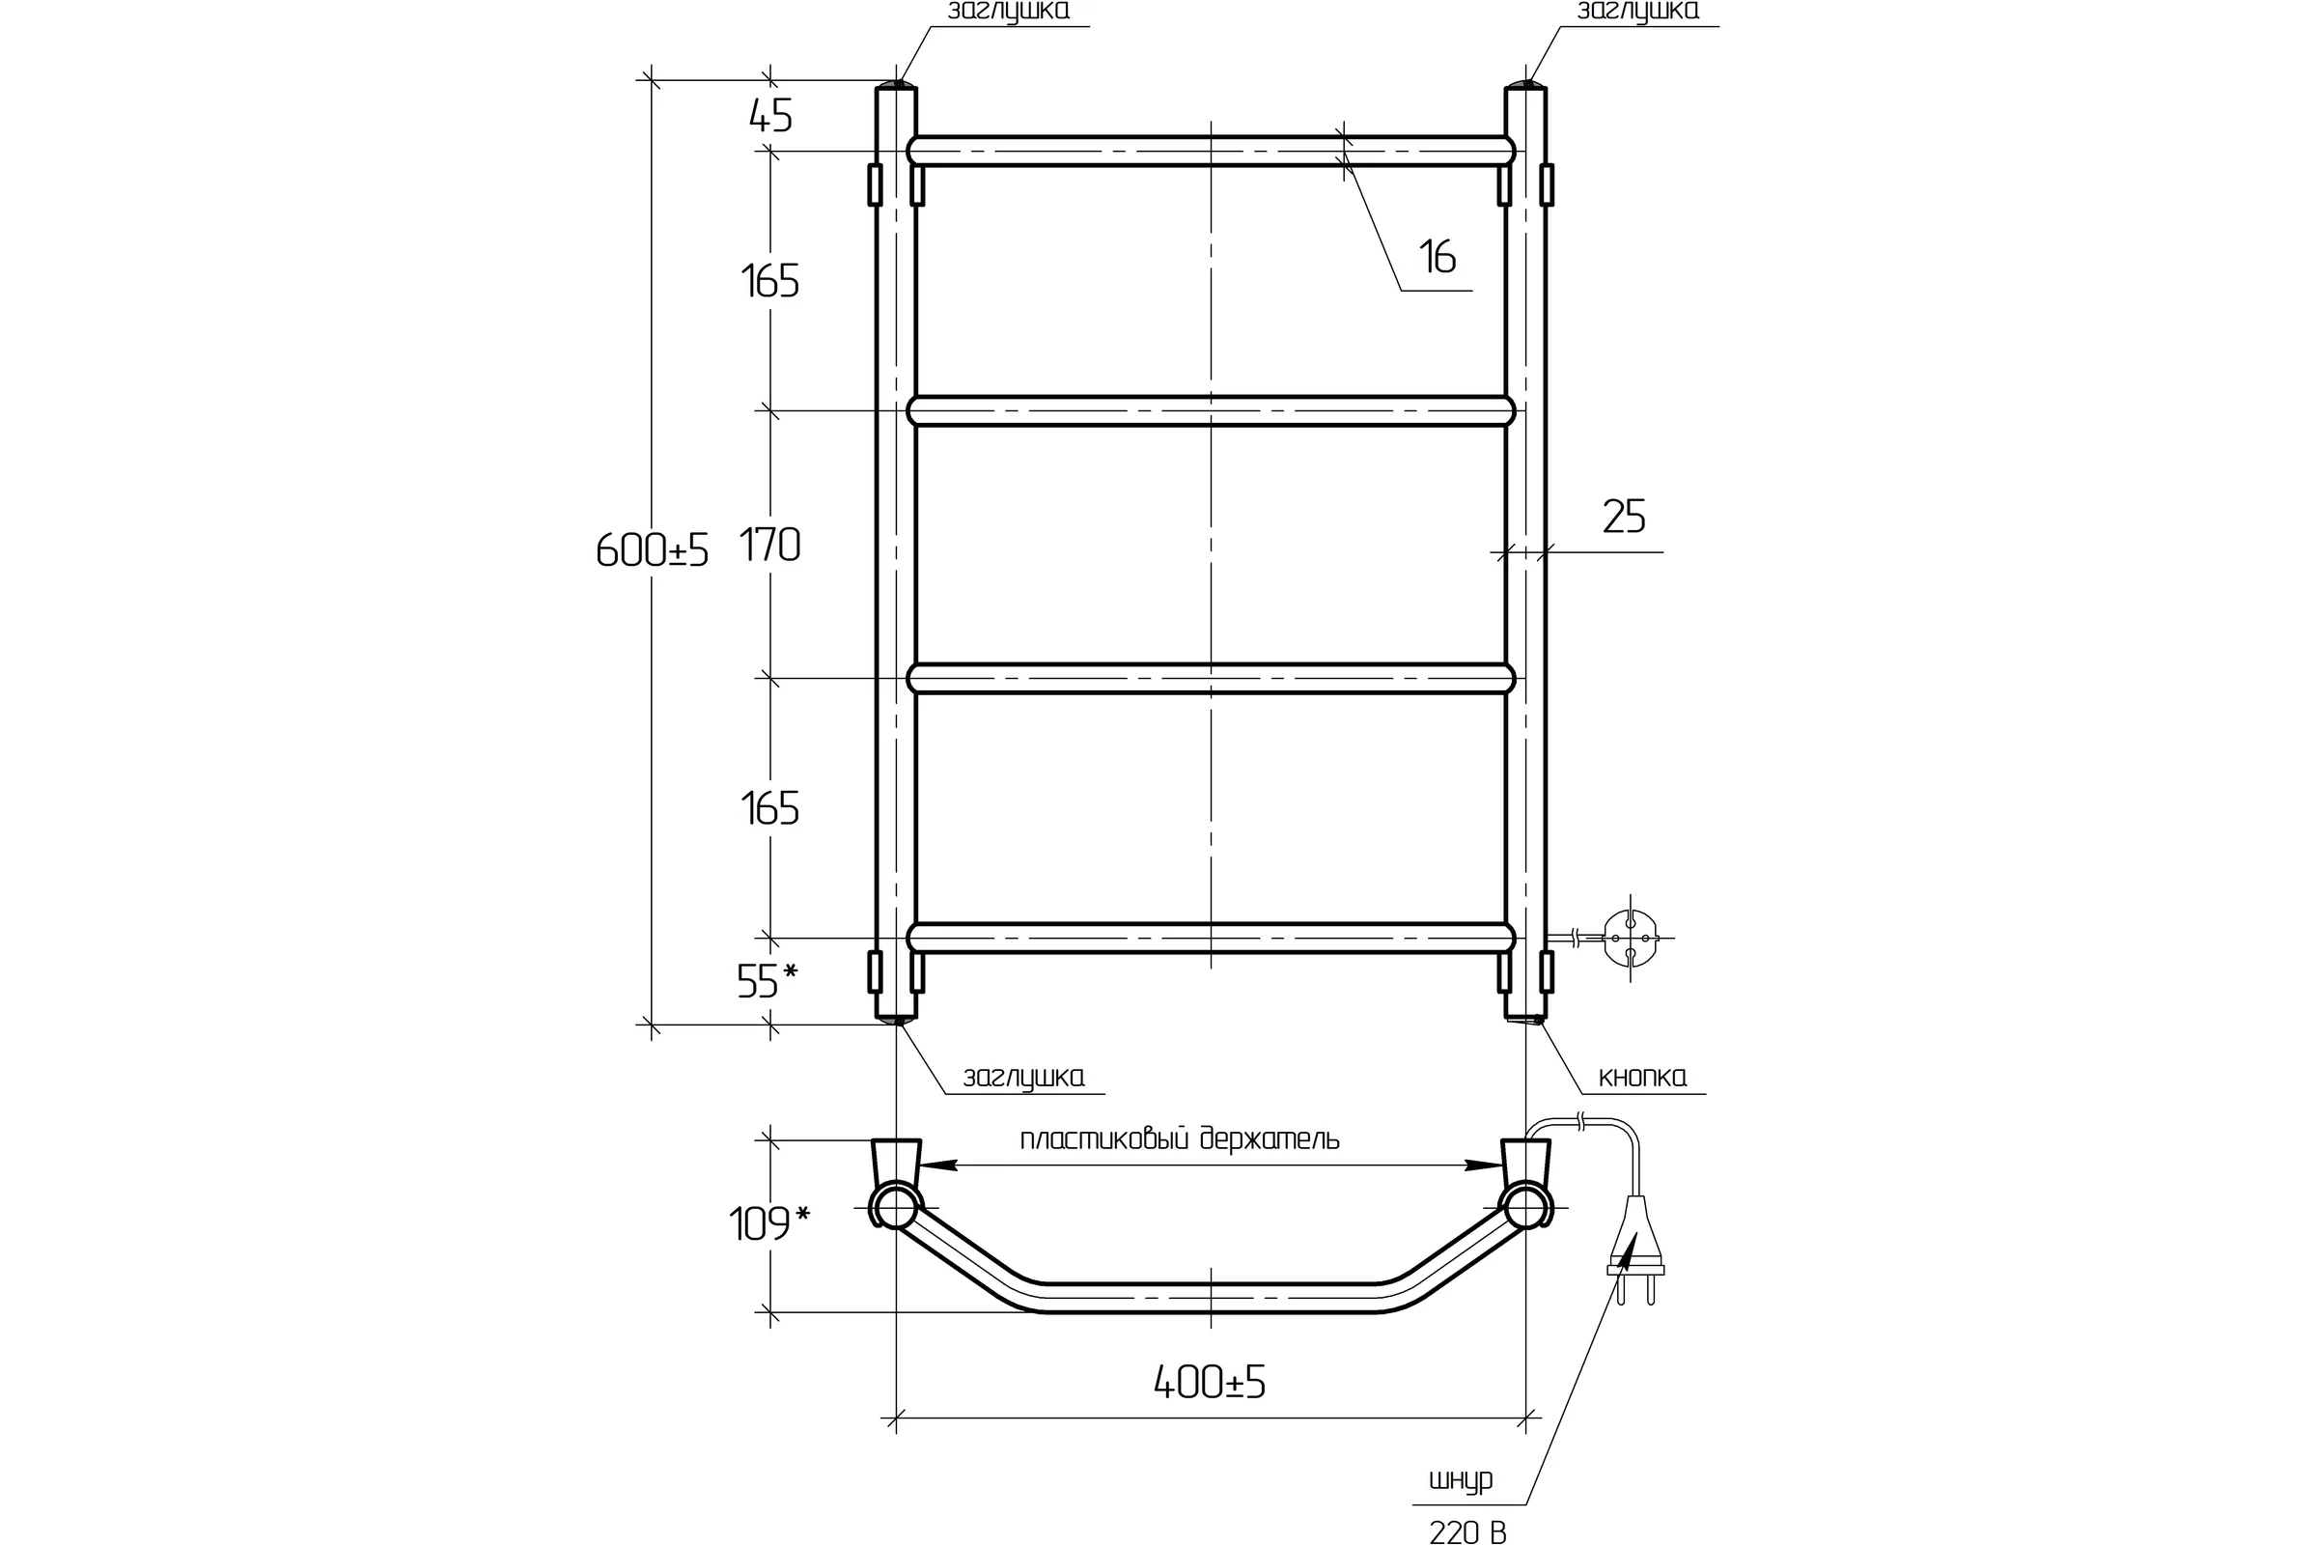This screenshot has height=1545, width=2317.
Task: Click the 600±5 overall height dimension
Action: point(653,550)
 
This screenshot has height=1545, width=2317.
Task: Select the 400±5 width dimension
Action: point(1210,1384)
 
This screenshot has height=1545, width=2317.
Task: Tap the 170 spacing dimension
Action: point(770,545)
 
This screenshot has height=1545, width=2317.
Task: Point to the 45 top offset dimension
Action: point(770,116)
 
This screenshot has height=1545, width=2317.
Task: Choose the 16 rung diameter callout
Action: point(1438,257)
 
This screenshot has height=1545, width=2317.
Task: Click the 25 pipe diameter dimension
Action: point(1624,517)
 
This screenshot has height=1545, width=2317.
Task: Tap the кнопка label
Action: point(1642,1077)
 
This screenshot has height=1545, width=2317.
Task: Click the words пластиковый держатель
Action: point(1179,1140)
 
